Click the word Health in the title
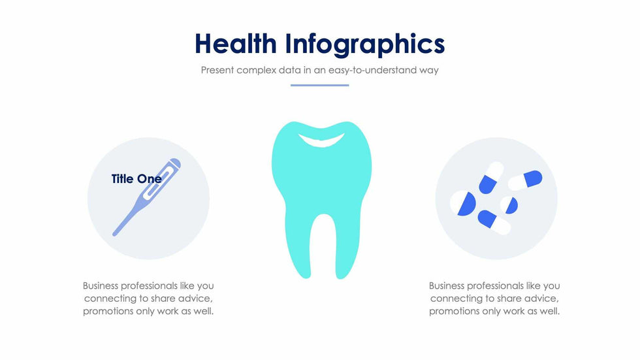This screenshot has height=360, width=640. pos(236,43)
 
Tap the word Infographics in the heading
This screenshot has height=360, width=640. pos(365,44)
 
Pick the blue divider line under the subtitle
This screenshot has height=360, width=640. pos(319,86)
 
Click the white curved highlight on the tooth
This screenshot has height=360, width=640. pos(321,140)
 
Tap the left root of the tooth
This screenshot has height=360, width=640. pos(298,244)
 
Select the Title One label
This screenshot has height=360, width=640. pos(136,179)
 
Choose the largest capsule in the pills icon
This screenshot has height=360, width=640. pos(463,203)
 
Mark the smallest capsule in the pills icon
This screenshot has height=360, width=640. pos(509,205)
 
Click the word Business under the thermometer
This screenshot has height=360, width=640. pos(101,286)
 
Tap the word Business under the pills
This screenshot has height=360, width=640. pos(447,286)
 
